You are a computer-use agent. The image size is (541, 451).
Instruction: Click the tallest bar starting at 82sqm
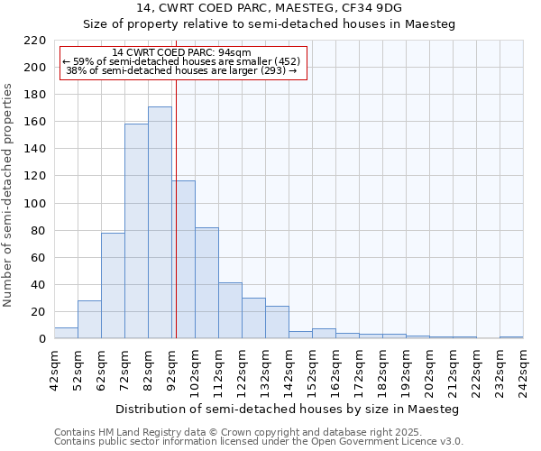pyautogui.click(x=160, y=223)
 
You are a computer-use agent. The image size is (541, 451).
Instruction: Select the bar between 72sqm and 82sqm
pyautogui.click(x=136, y=231)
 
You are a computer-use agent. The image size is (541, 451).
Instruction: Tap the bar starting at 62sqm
pyautogui.click(x=113, y=285)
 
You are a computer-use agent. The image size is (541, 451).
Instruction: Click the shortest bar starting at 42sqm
pyautogui.click(x=66, y=333)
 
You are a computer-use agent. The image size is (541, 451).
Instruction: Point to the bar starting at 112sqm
pyautogui.click(x=230, y=310)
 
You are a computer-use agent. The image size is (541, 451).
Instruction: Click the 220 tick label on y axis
pyautogui.click(x=34, y=41)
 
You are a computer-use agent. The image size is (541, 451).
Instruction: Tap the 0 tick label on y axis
pyautogui.click(x=41, y=339)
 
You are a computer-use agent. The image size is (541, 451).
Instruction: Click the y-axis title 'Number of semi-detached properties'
pyautogui.click(x=9, y=195)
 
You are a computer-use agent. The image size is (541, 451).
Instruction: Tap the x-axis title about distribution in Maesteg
pyautogui.click(x=288, y=410)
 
